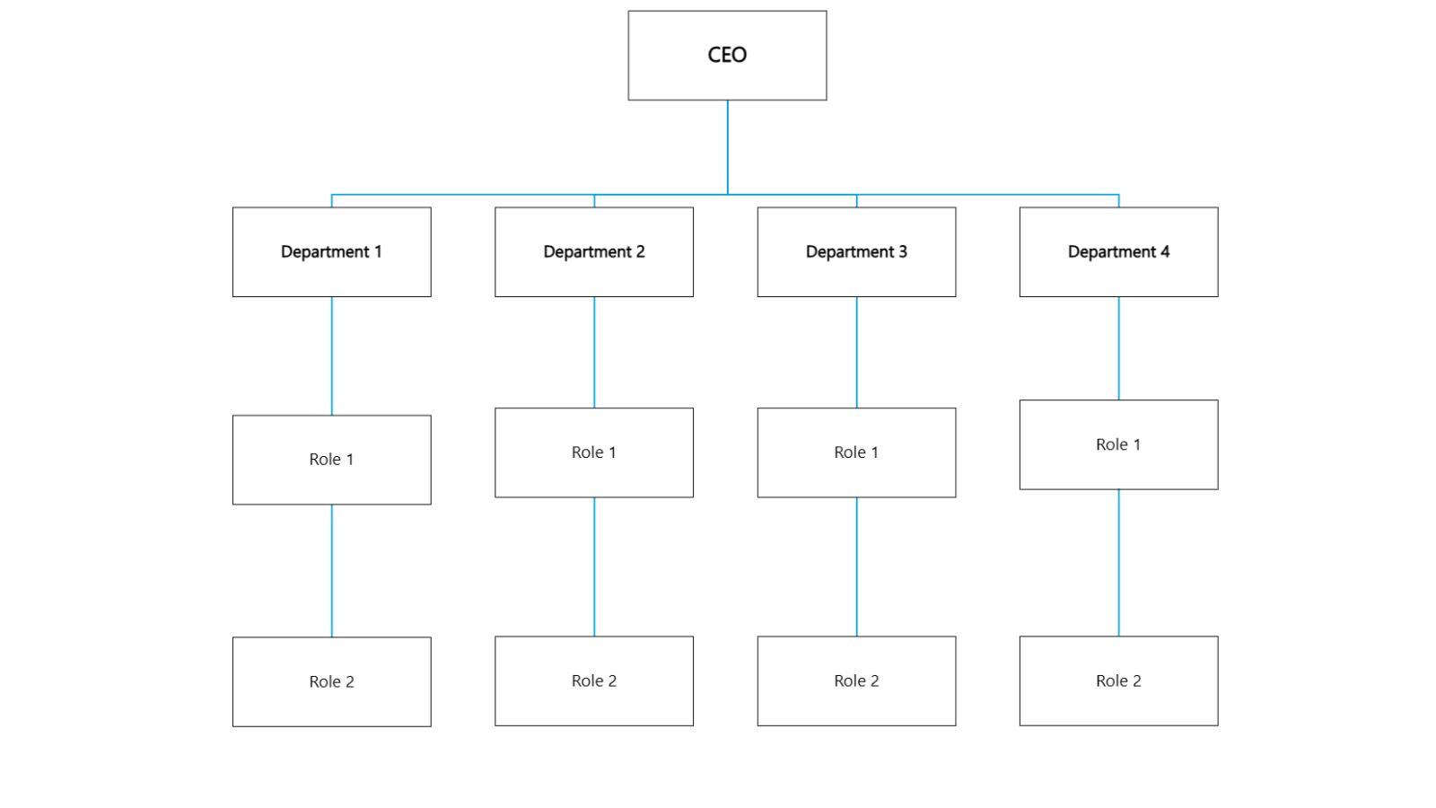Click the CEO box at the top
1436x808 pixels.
(x=727, y=56)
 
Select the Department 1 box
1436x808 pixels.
(x=331, y=252)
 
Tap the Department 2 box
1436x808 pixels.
(x=593, y=252)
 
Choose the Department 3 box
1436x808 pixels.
(x=856, y=252)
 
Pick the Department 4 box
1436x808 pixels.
(x=1118, y=252)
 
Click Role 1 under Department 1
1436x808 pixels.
(x=331, y=460)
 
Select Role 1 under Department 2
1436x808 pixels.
(x=593, y=452)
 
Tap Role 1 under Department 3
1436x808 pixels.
(x=856, y=452)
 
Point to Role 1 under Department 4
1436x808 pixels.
(x=1118, y=445)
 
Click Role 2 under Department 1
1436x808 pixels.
(x=331, y=682)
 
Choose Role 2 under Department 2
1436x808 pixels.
(x=593, y=681)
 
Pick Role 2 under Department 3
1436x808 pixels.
(x=856, y=681)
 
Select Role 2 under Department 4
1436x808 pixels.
(x=1118, y=681)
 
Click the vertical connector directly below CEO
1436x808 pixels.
(x=727, y=146)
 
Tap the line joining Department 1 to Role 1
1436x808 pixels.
(x=331, y=356)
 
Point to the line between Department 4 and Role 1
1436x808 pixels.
(x=1118, y=348)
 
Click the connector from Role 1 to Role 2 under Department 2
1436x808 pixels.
(x=593, y=566)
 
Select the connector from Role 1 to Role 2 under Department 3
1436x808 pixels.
(x=856, y=566)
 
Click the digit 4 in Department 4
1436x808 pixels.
(x=1165, y=252)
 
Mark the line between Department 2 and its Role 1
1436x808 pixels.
(x=593, y=352)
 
